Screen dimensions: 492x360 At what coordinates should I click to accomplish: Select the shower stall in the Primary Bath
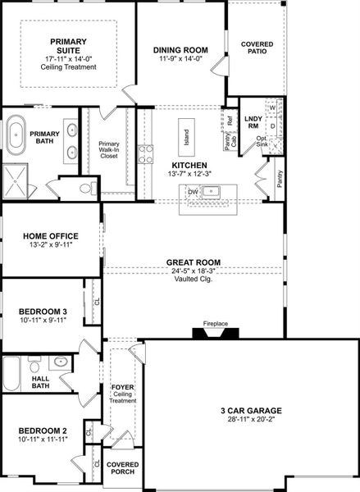pyautogui.click(x=16, y=182)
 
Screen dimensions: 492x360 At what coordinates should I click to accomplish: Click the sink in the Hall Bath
pyautogui.click(x=61, y=362)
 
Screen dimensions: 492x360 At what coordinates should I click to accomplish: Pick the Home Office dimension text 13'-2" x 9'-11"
pyautogui.click(x=51, y=244)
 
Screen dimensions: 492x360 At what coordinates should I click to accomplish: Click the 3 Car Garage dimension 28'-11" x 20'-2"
pyautogui.click(x=251, y=419)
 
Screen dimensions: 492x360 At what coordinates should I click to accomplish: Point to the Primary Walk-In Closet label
pyautogui.click(x=109, y=131)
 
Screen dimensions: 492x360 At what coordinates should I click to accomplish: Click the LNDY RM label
pyautogui.click(x=253, y=123)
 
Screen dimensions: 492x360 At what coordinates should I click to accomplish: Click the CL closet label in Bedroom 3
pyautogui.click(x=97, y=301)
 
